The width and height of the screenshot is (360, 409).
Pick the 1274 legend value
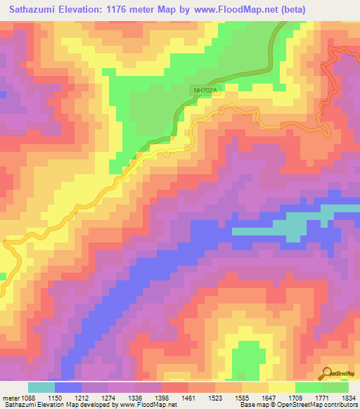pos(108,398)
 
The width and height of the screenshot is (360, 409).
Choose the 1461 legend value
pos(188,398)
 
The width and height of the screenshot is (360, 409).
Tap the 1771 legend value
pos(322,398)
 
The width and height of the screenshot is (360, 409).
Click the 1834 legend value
pos(347,398)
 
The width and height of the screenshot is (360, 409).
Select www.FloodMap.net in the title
pos(259,8)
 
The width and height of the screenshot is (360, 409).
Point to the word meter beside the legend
pos(9,398)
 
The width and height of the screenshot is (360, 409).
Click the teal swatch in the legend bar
pos(41,387)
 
